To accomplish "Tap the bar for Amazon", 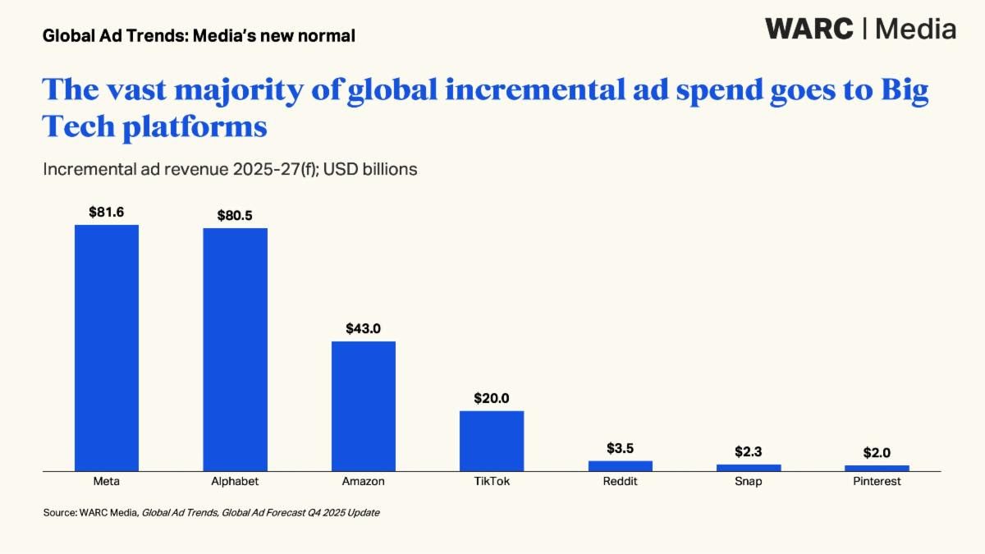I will point(364,405).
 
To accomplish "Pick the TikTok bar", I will point(492,440).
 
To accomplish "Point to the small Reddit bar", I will point(621,465).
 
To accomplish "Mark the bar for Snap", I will point(749,467).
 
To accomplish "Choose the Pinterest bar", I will point(877,468).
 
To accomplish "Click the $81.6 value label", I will point(107,212).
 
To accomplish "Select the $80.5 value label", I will point(235,215).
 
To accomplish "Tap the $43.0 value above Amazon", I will point(364,328).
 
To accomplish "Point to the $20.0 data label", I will point(492,398).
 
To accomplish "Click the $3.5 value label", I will point(621,448).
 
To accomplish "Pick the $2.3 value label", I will point(749,451).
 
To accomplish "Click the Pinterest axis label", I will point(877,482).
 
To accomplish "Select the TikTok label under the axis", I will point(492,482).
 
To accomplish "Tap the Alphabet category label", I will point(235,482).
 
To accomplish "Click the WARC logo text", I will point(809,30).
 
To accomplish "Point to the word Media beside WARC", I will point(915,30).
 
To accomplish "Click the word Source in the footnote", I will point(59,513).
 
